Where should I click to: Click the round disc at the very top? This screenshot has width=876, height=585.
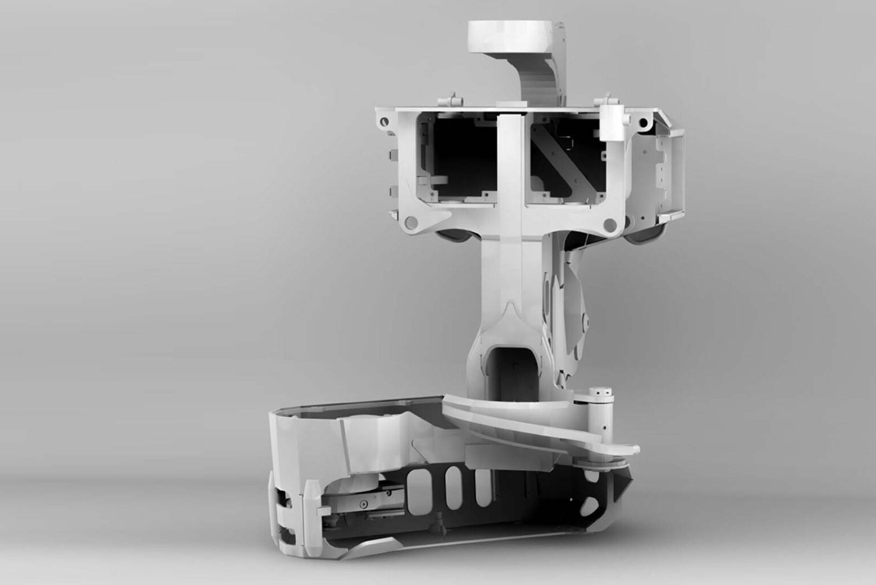click(511, 35)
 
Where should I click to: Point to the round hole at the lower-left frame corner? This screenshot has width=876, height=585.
click(408, 221)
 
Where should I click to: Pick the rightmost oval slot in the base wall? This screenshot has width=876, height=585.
click(483, 489)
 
